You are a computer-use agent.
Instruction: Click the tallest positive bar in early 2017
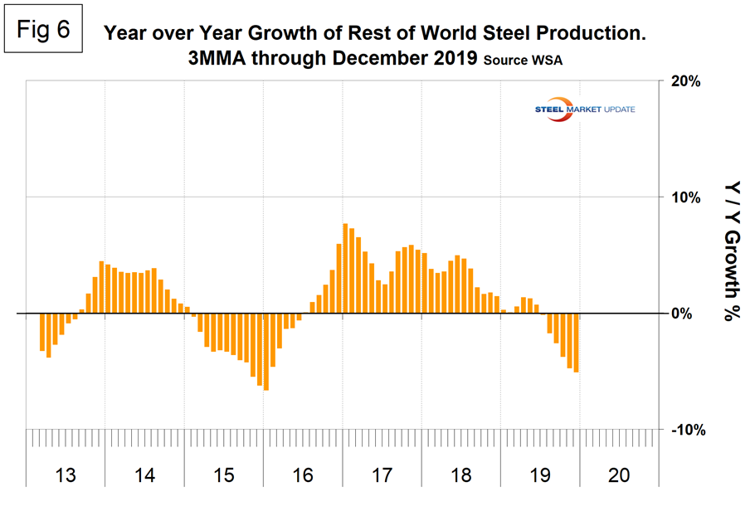345,269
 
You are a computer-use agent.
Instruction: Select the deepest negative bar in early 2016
266,352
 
